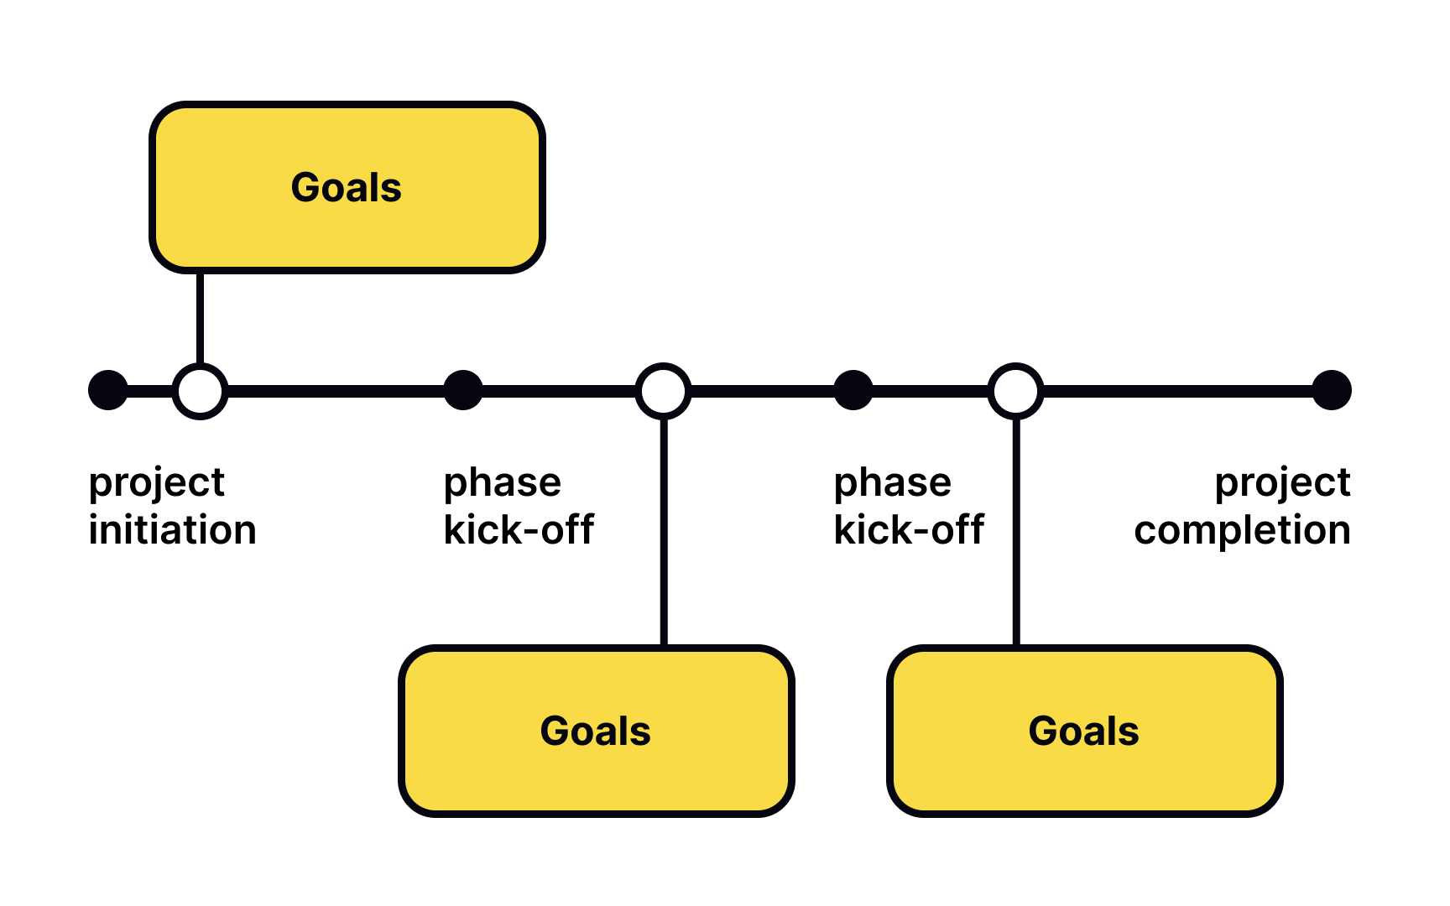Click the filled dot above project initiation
pos(108,390)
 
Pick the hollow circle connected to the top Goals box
pos(200,391)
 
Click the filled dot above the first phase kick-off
pos(463,390)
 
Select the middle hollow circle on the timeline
pos(663,391)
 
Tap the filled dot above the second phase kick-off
pos(853,390)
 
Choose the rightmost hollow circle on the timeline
pos(1015,391)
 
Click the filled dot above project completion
pos(1332,390)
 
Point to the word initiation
pos(172,530)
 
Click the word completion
pos(1242,530)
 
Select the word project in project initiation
pos(156,483)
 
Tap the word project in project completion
pos(1282,483)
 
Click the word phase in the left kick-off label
pos(502,483)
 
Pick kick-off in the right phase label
pos(909,530)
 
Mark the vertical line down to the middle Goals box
pos(664,537)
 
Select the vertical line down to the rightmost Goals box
pos(1016,537)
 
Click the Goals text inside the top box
pos(347,187)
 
